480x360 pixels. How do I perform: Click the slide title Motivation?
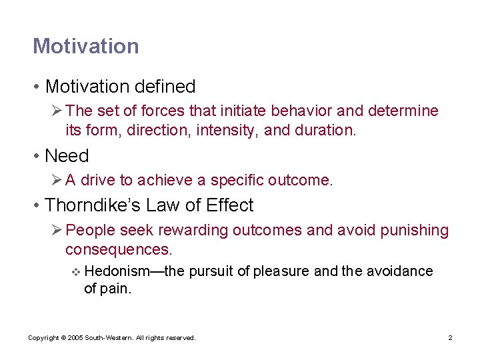pyautogui.click(x=86, y=46)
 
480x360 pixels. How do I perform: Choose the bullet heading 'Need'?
pyautogui.click(x=67, y=156)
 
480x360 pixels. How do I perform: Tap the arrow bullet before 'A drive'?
pyautogui.click(x=57, y=180)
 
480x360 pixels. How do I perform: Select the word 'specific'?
pyautogui.click(x=235, y=180)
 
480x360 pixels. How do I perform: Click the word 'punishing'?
pyautogui.click(x=414, y=231)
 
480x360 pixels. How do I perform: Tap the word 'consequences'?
pyautogui.click(x=118, y=249)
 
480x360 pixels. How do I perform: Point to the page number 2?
pyautogui.click(x=450, y=338)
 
